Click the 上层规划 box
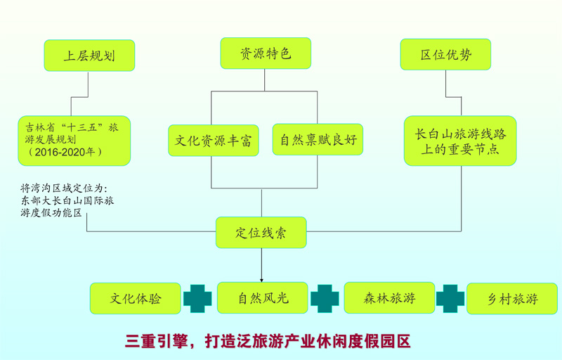click(89, 56)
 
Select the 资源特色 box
click(266, 53)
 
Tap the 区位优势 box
click(445, 54)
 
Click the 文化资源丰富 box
click(214, 140)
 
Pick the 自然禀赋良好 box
click(318, 139)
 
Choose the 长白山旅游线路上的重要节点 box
click(460, 141)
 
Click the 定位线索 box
click(261, 232)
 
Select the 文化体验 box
click(136, 298)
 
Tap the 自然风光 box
click(263, 297)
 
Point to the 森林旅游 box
click(390, 297)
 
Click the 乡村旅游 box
click(512, 298)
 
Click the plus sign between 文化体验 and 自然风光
click(197, 298)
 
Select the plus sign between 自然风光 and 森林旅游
click(325, 298)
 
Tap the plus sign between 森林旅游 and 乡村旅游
click(450, 298)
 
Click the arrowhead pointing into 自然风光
click(261, 280)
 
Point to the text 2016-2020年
click(65, 152)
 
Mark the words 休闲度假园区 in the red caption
click(363, 341)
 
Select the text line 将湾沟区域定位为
click(64, 188)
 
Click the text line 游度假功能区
click(51, 212)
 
